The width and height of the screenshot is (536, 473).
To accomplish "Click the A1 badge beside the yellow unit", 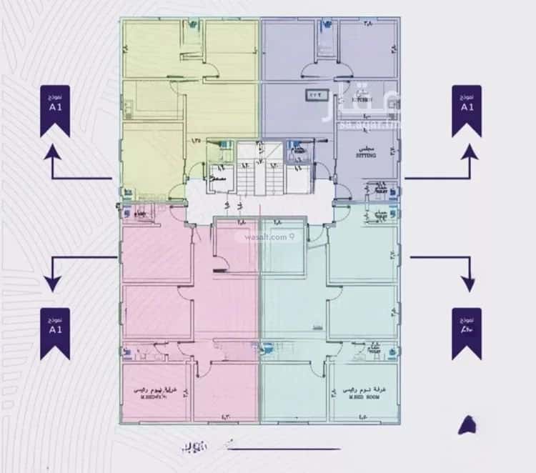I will (54, 111).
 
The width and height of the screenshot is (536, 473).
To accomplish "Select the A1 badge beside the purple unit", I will (467, 111).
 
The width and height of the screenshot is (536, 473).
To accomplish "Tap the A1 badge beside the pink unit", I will (54, 334).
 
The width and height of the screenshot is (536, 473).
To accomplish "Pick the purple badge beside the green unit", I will (467, 334).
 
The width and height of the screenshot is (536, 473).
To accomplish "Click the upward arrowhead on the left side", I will (52, 151).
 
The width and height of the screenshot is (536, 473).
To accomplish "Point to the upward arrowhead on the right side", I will (470, 151).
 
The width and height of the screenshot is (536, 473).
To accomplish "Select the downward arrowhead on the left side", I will (52, 284).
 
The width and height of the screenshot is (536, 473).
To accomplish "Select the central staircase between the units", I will (262, 171).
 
